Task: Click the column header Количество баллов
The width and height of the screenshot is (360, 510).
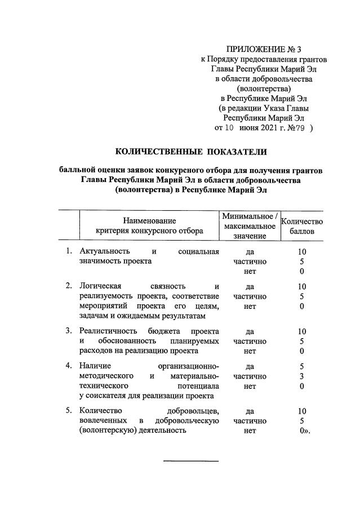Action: (x=302, y=227)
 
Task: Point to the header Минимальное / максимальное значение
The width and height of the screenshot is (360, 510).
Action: (x=249, y=227)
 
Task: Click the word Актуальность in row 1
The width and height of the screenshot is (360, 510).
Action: (x=105, y=251)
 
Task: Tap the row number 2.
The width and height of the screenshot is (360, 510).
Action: (x=68, y=286)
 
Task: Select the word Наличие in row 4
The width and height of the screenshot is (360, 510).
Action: (x=96, y=366)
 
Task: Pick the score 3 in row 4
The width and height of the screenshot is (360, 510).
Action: (x=302, y=376)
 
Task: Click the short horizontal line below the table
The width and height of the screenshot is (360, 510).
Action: (x=190, y=462)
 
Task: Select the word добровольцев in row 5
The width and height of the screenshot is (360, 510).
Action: (x=192, y=410)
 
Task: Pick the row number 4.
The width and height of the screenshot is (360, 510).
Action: (x=68, y=366)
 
